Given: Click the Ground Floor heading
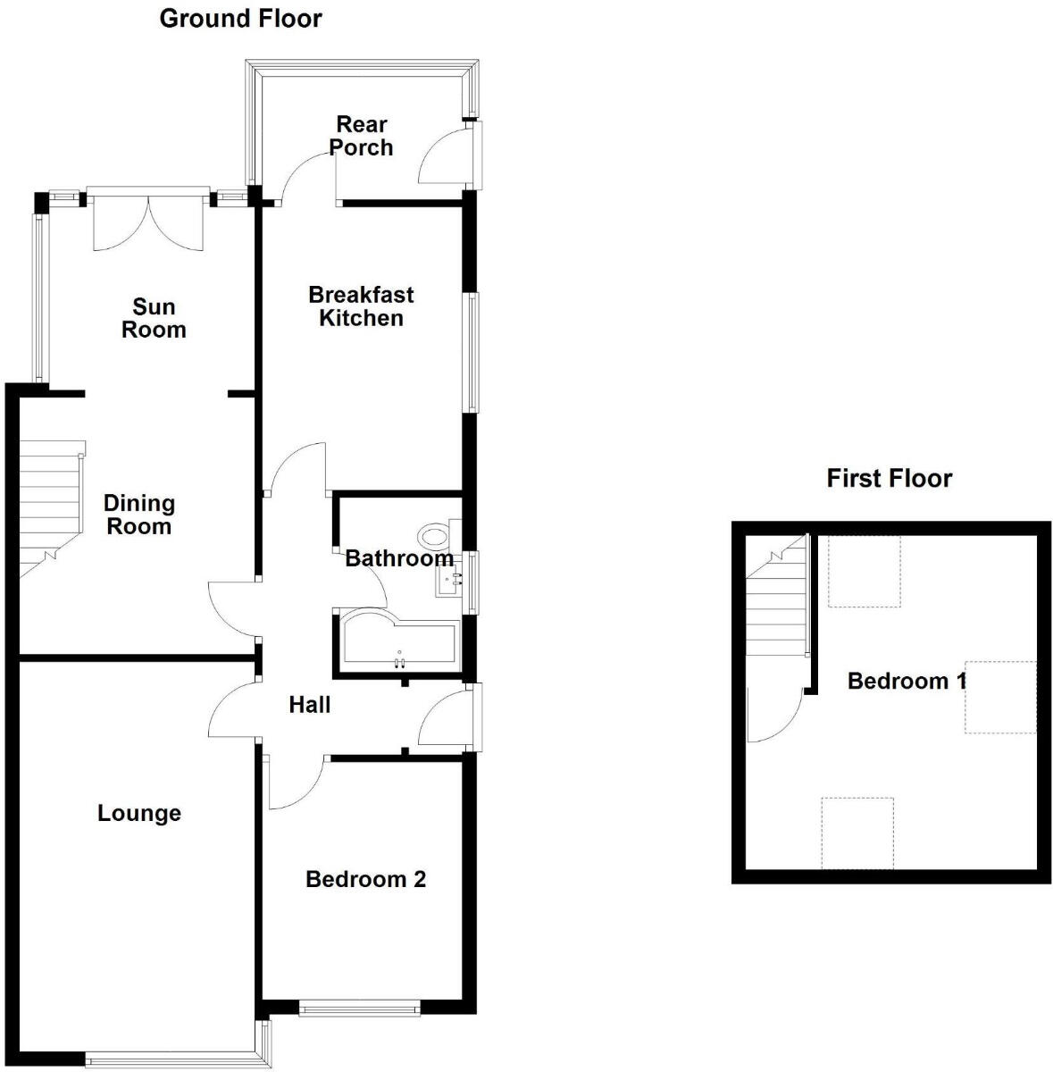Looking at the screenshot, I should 240,18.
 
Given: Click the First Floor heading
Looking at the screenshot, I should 889,478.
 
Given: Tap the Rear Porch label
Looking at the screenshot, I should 361,136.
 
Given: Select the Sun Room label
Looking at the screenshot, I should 154,318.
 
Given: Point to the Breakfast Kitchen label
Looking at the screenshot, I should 361,306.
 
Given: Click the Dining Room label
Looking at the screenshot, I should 138,515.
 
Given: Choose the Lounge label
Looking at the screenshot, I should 139,813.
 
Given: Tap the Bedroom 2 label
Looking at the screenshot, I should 365,879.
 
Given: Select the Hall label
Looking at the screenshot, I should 310,705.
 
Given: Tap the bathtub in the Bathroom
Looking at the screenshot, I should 398,641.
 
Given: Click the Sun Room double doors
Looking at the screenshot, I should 149,219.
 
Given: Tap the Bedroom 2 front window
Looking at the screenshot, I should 360,1009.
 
